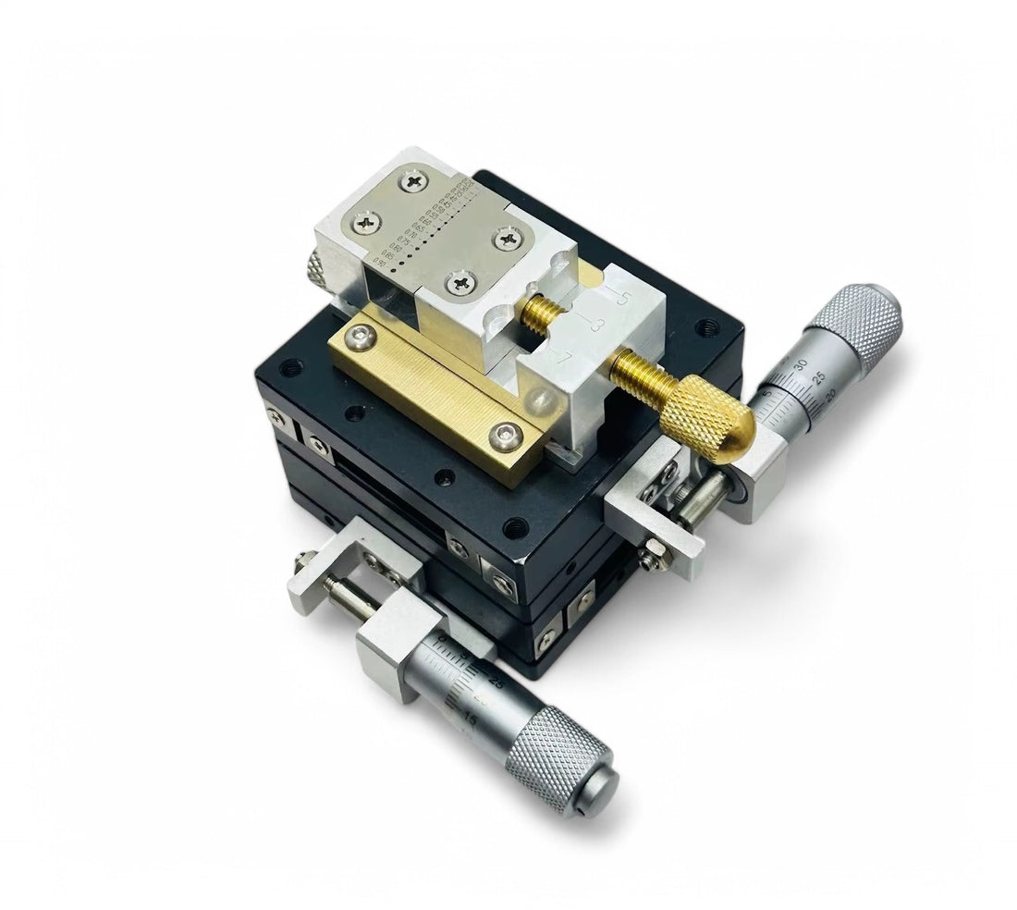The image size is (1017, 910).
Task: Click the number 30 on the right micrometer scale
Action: point(799,363)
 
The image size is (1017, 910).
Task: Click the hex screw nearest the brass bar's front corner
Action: point(505,432)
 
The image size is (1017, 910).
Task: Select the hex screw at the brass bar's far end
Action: point(360,340)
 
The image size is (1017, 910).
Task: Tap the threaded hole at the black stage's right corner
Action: point(706,326)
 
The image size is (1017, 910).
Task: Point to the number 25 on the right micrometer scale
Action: point(816,377)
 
